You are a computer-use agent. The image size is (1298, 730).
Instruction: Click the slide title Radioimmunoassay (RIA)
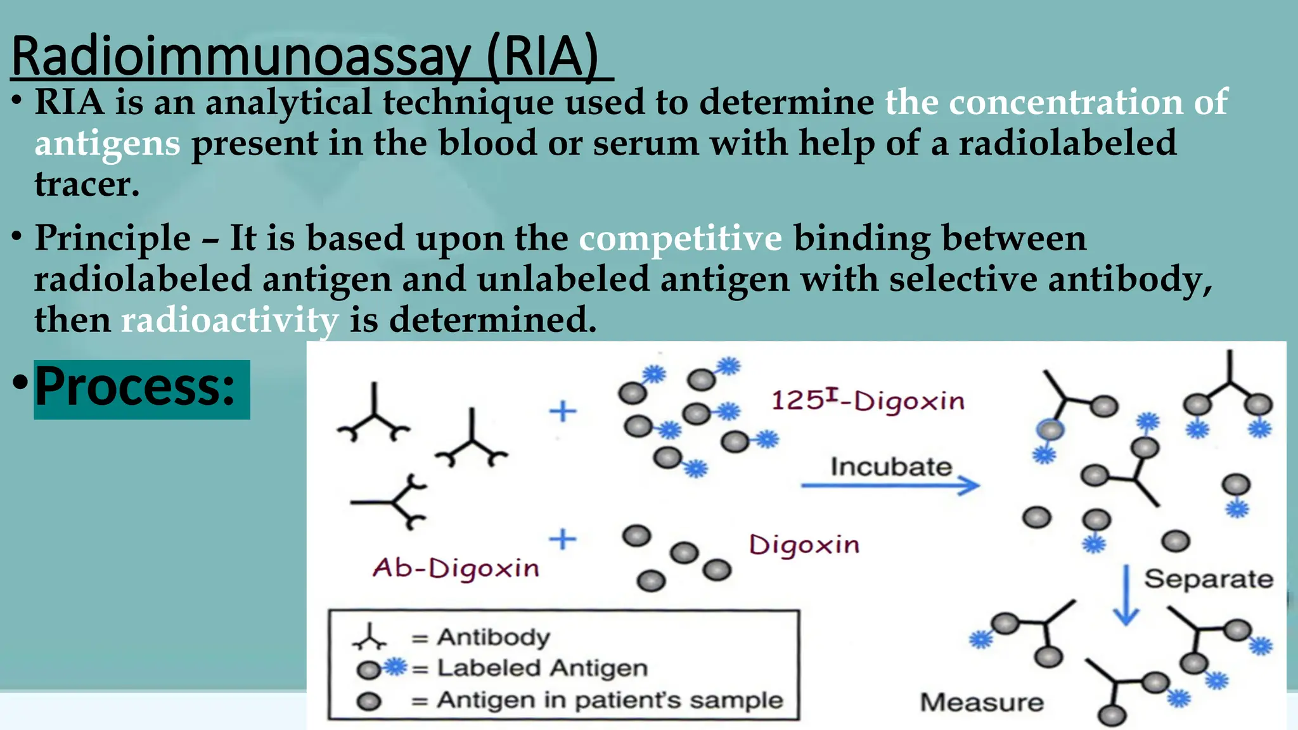point(304,57)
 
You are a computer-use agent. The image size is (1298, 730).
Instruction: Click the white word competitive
point(680,239)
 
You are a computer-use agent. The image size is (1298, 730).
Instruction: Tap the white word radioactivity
point(229,320)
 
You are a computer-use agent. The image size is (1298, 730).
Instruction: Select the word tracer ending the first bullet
point(86,184)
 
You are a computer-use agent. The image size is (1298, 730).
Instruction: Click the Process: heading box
point(141,389)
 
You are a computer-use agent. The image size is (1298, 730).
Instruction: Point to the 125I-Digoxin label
point(867,400)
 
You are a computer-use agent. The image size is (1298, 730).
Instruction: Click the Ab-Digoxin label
point(456,568)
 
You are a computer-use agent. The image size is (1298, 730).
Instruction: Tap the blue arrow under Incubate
point(890,486)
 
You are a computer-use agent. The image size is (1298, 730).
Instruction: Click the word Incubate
point(890,467)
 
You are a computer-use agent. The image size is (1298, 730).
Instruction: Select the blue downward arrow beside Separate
point(1126,596)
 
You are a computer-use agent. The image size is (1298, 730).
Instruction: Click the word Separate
point(1208,579)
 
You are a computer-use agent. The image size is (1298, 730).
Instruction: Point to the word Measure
point(981,703)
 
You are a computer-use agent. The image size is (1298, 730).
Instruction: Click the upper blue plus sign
point(562,412)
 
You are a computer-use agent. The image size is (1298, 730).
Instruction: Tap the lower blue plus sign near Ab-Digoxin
point(562,540)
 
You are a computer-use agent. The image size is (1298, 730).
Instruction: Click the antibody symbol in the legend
point(369,637)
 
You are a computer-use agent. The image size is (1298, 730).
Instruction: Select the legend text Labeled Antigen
point(542,668)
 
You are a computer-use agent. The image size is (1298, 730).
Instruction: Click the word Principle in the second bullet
point(112,239)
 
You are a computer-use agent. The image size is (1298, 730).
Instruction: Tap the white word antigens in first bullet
point(107,144)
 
